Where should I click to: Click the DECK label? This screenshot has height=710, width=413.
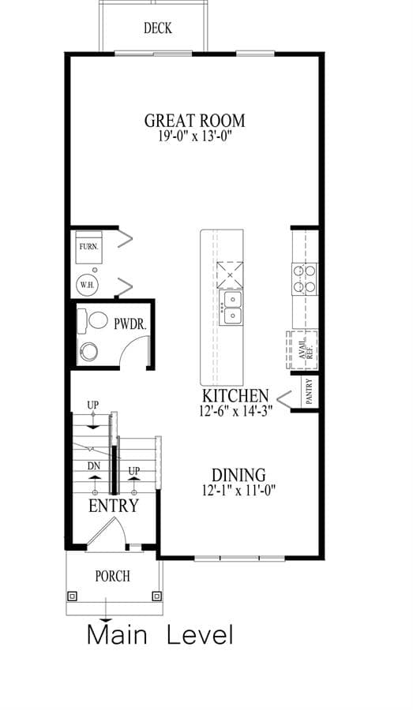coord(158,28)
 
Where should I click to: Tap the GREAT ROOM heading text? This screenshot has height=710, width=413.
coord(195,121)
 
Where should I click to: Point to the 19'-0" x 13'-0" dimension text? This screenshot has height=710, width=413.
coord(195,136)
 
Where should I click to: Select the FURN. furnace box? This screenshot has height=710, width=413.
coord(89,247)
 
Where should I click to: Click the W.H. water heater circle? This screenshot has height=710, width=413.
coord(88,286)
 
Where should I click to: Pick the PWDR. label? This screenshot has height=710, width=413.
coord(131,323)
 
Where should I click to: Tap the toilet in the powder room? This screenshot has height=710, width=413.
coord(92,320)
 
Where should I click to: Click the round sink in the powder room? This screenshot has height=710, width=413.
coord(88,351)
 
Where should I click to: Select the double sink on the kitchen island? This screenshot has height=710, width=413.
coord(231,308)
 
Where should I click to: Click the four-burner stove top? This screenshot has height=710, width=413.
coord(304,279)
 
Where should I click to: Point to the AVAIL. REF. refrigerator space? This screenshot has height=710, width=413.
coord(302,350)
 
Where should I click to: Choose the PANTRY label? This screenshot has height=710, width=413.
coord(310,391)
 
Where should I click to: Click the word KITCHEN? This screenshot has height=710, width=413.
coord(235,396)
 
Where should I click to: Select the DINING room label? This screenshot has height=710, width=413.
coord(239,475)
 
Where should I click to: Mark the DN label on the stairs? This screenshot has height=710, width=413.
coord(94,465)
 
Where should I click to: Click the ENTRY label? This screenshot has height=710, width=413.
coord(114,506)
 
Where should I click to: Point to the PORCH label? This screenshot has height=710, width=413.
coord(112,577)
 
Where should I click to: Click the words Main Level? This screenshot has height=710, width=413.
coord(160,634)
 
